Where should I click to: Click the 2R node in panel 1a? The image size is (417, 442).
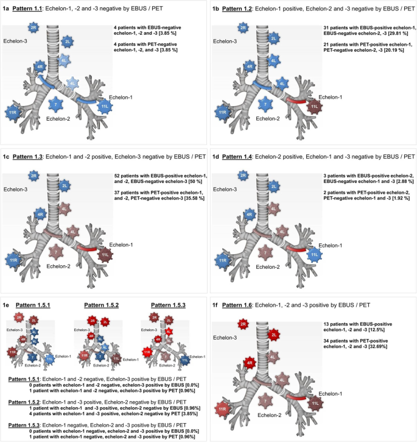coord(33,27)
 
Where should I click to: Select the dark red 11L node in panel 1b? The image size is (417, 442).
coord(315,109)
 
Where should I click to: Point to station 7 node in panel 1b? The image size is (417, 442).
coord(265,105)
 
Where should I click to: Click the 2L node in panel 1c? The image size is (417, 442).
coord(65,185)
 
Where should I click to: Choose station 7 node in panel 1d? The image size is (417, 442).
coord(265,251)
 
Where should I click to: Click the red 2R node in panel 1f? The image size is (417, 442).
coord(244,324)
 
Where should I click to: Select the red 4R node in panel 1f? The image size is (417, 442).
coord(249,363)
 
